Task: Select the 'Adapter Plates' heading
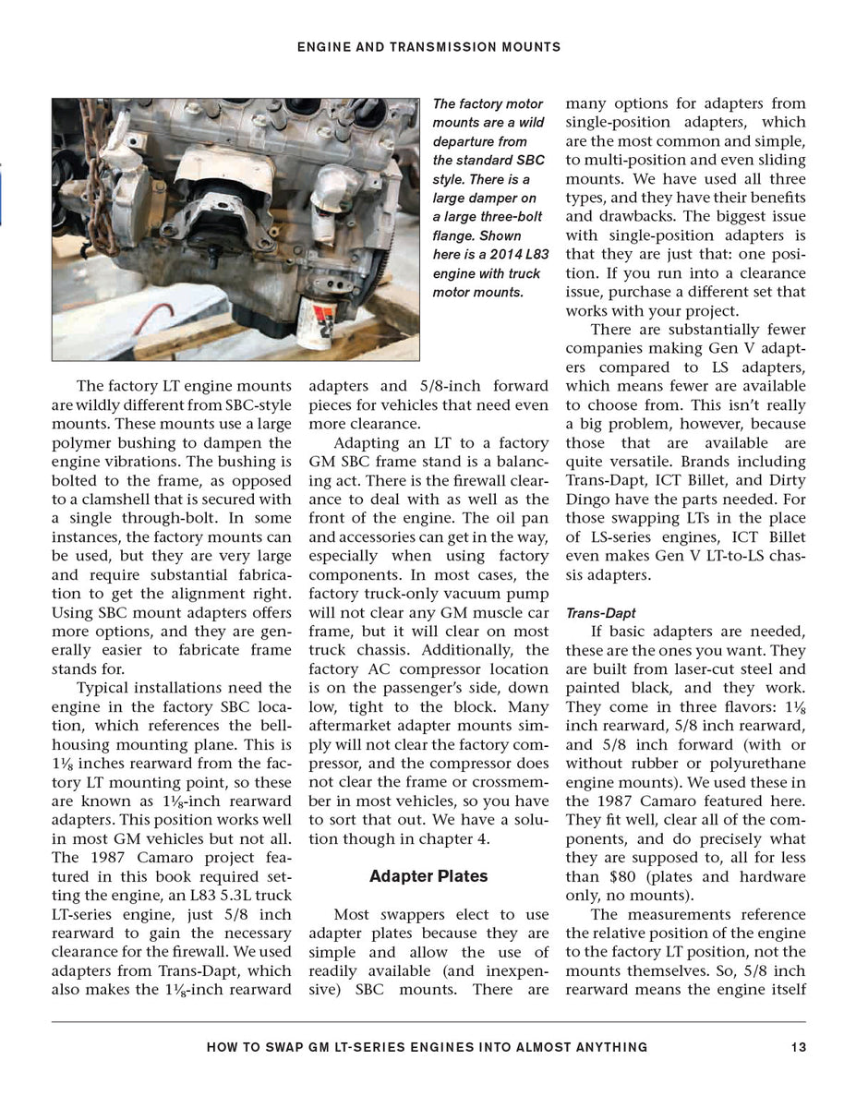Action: click(x=428, y=875)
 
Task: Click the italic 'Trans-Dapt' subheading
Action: click(x=600, y=613)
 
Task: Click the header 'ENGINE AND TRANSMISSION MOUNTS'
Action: click(x=428, y=45)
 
